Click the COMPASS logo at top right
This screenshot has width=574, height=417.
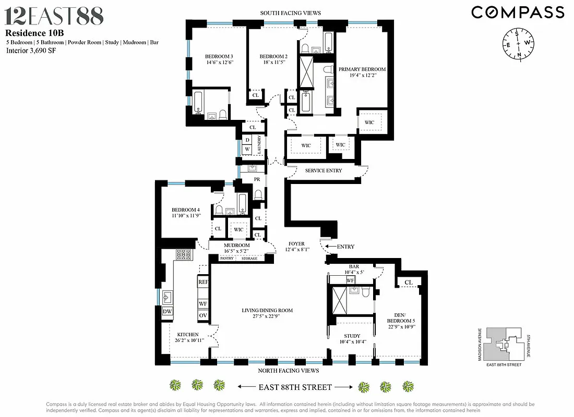point(518,12)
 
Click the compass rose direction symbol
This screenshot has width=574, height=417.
point(518,43)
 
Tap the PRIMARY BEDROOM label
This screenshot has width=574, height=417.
point(362,69)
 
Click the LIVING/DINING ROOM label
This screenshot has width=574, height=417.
point(267,311)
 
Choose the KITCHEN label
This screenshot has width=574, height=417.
point(187,335)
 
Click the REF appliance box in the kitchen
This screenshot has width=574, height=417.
point(203,282)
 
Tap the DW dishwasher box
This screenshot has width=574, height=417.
point(167,312)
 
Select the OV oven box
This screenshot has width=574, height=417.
point(203,316)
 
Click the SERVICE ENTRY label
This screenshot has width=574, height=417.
point(323,170)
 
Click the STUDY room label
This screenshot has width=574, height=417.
point(352,336)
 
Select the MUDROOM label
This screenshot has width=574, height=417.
point(236,246)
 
